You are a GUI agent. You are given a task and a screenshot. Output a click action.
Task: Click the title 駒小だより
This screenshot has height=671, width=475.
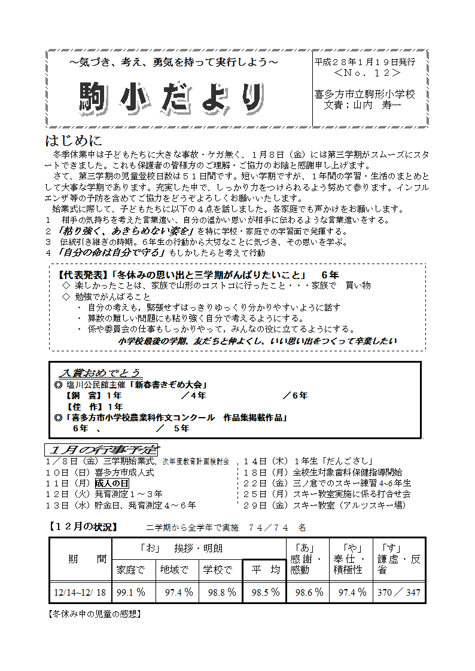[x=172, y=97]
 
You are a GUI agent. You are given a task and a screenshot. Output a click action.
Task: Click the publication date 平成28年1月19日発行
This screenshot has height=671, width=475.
[x=364, y=62]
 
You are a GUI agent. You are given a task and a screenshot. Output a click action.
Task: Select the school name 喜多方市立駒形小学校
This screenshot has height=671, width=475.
[x=364, y=94]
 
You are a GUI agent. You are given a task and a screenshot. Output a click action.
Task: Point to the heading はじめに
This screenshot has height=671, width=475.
[x=74, y=141]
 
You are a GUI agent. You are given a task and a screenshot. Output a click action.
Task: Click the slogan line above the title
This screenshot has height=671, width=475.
[x=173, y=62]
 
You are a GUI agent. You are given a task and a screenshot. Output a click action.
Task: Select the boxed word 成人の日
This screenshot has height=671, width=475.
[x=111, y=483]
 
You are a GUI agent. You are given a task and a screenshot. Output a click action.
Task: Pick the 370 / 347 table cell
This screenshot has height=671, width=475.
[x=399, y=593]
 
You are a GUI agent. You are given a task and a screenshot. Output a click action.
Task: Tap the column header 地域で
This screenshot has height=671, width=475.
[x=175, y=570]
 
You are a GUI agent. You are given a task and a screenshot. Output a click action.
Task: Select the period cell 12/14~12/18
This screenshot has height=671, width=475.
[x=80, y=593]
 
